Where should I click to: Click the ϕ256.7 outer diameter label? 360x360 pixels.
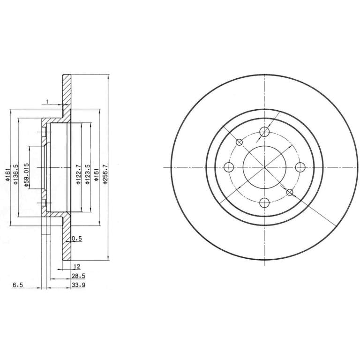(105, 174)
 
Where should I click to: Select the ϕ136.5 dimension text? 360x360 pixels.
(15, 174)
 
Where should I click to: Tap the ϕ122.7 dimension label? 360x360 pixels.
(78, 174)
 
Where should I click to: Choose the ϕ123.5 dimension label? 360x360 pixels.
(87, 174)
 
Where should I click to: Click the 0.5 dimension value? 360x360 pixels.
(77, 239)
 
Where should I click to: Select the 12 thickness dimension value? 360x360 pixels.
(77, 267)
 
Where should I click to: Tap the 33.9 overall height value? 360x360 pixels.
(79, 285)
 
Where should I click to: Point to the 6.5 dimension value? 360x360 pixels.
(18, 285)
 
